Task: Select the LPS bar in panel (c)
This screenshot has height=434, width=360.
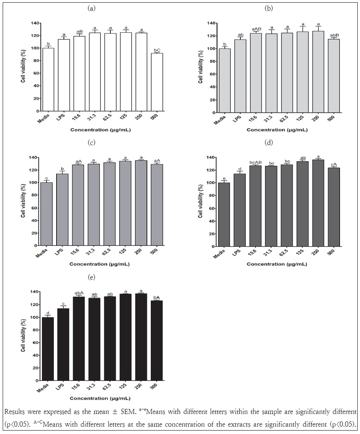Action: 62,209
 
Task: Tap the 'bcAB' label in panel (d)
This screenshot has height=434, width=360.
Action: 255,162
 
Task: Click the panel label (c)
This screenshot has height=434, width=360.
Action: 92,143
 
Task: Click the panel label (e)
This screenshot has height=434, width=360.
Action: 92,277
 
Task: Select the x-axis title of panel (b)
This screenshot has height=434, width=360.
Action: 277,130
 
